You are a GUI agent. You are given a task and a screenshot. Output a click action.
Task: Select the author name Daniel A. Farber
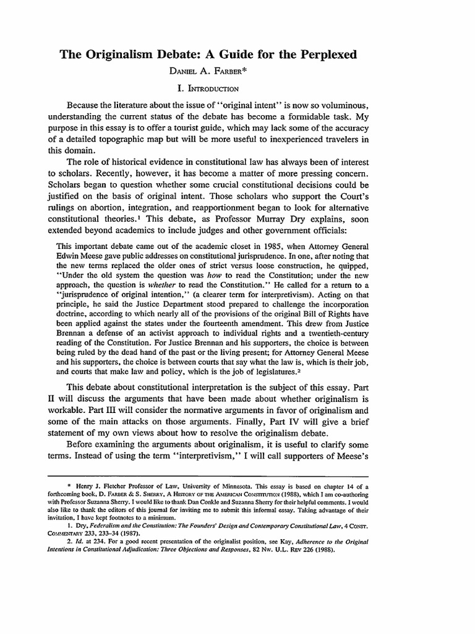point(237,73)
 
